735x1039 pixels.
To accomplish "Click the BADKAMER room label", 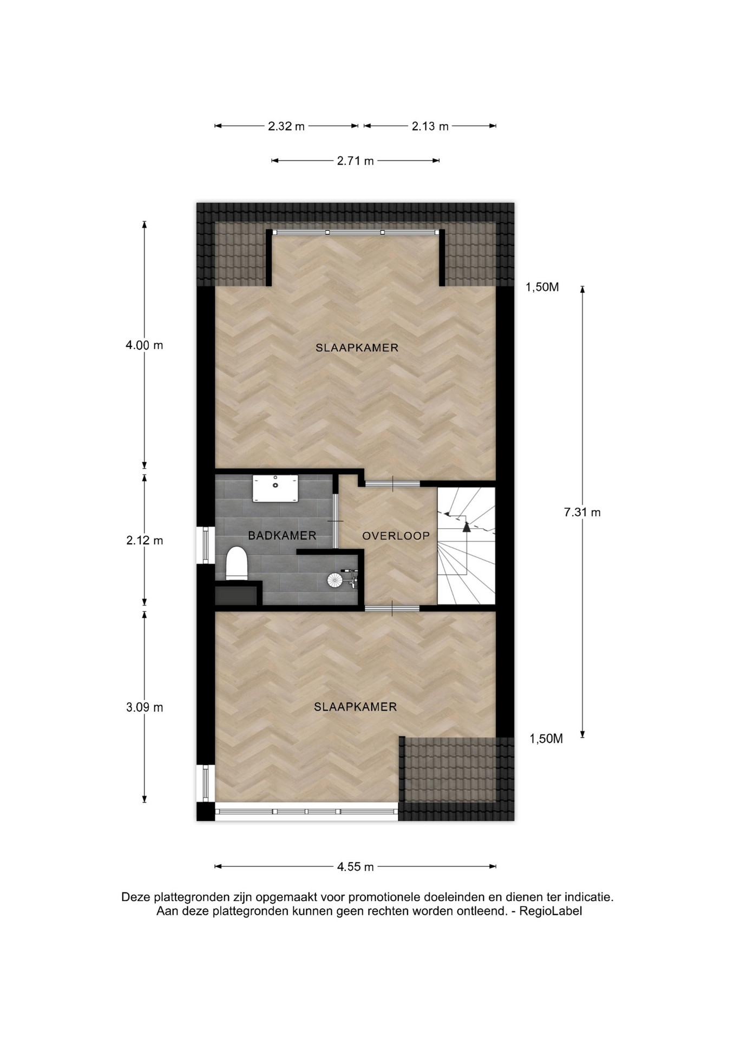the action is (282, 536).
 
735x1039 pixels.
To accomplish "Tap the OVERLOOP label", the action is (396, 536).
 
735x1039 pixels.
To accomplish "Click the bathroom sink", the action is (275, 488).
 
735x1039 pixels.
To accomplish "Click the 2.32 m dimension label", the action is (286, 127).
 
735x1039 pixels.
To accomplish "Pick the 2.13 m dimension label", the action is (430, 127).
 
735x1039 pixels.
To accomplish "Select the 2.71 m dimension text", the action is (356, 161).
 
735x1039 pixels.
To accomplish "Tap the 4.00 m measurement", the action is (145, 345).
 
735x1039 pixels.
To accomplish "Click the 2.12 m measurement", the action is (145, 541).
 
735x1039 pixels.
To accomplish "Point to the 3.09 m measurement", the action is (145, 707).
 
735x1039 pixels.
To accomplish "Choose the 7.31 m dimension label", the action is (582, 512).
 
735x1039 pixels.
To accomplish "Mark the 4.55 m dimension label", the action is (356, 866).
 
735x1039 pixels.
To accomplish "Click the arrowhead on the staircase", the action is (467, 527).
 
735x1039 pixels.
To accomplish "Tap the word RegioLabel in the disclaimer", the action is (550, 911).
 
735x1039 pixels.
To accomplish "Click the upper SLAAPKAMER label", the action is (357, 348).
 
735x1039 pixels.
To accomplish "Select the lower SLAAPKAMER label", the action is (356, 707).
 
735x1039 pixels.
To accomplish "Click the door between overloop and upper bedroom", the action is (392, 483).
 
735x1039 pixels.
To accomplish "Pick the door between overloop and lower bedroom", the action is (392, 608).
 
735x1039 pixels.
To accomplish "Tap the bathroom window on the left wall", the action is (205, 545).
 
